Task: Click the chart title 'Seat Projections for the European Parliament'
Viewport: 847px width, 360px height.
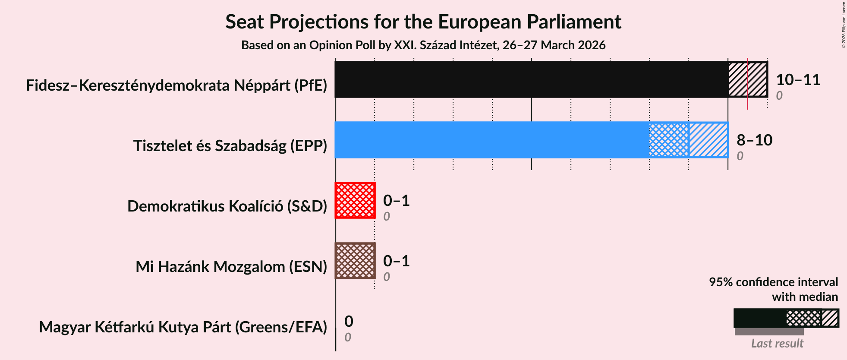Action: pos(423,22)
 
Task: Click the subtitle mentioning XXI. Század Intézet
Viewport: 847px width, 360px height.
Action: pos(423,45)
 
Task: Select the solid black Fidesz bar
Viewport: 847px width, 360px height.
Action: pos(531,79)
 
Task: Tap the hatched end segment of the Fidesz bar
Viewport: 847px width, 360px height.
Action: pos(748,79)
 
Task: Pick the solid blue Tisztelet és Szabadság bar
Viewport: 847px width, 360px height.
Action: pos(492,140)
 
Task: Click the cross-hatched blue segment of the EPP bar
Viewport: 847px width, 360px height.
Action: pos(669,140)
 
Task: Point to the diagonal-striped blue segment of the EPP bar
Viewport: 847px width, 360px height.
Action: pos(708,140)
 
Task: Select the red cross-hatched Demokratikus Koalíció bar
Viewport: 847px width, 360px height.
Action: pos(355,200)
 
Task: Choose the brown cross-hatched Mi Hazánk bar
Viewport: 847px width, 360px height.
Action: pos(355,261)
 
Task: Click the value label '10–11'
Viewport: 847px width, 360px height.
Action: pos(798,80)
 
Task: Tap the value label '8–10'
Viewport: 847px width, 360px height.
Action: pos(754,140)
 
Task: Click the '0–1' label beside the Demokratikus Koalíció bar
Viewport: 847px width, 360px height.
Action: pos(396,201)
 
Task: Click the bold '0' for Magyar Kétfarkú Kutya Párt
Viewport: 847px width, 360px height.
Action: pos(349,322)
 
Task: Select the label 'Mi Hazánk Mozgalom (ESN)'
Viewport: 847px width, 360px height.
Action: pos(231,267)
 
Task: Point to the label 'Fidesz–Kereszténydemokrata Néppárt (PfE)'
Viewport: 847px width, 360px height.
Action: pos(176,85)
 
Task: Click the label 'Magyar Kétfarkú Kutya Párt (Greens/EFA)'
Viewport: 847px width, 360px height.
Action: pos(183,327)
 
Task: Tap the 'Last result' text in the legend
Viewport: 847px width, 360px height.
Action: pos(777,344)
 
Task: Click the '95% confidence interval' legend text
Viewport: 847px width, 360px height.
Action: pos(773,282)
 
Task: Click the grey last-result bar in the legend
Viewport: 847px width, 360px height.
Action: pos(769,332)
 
